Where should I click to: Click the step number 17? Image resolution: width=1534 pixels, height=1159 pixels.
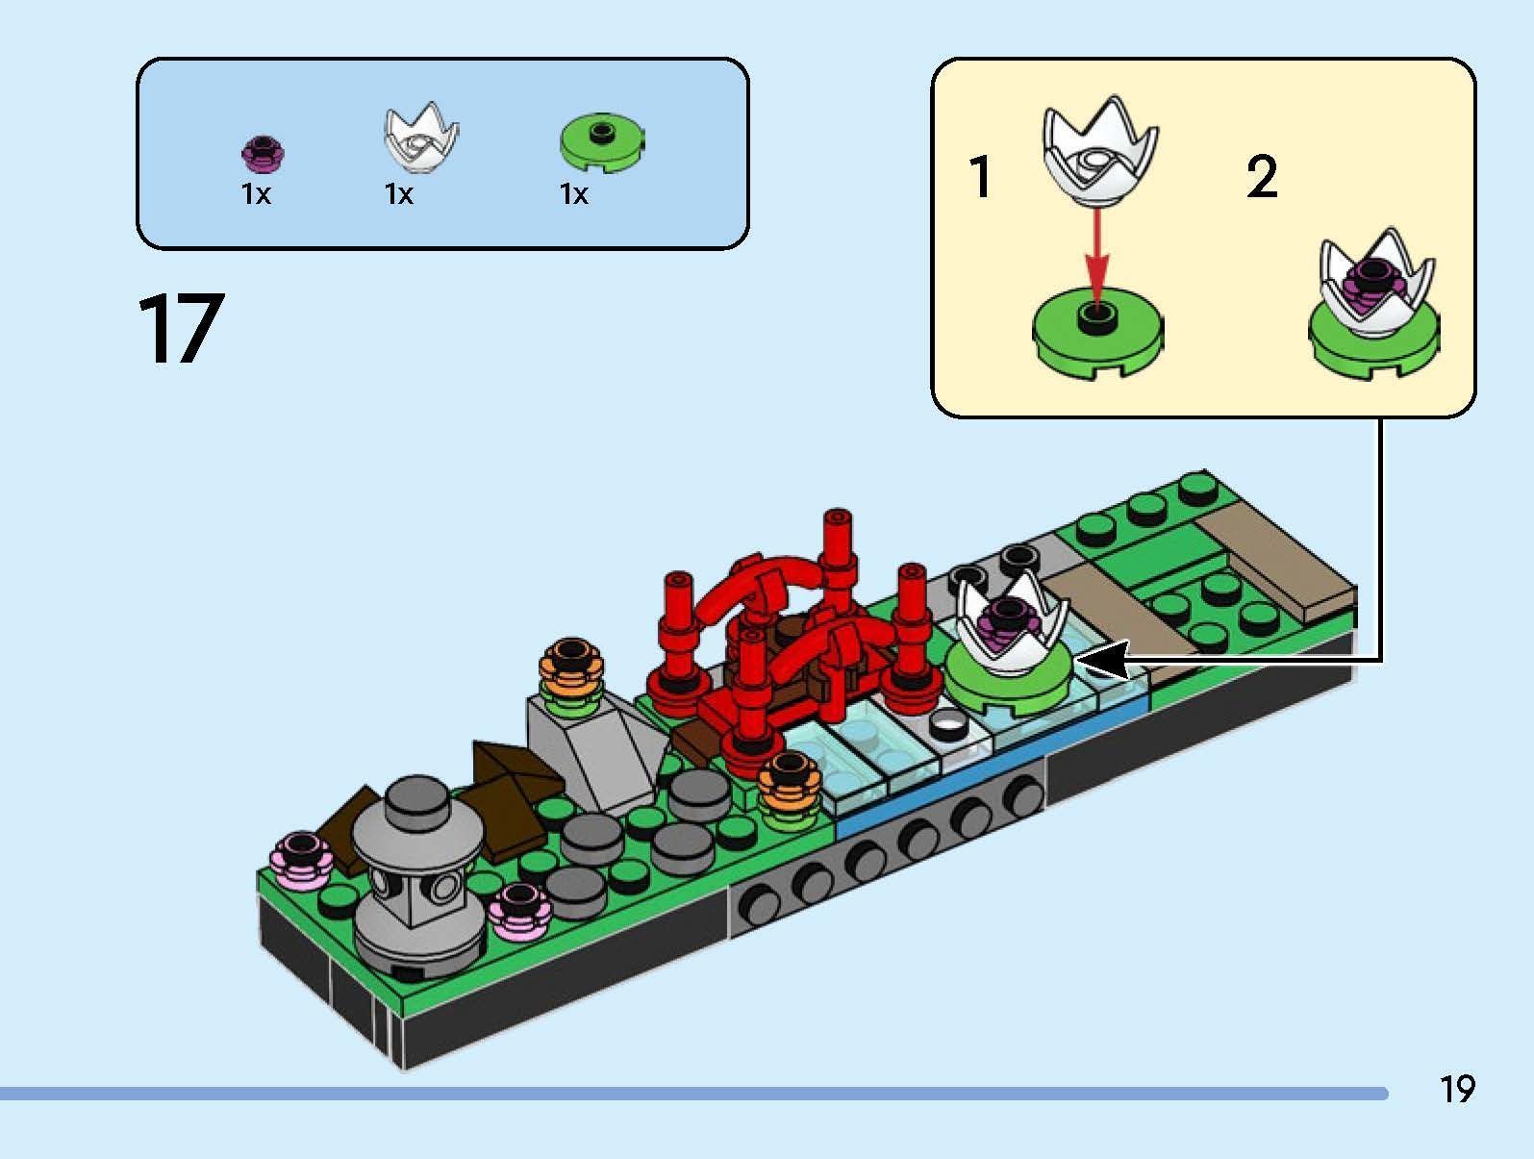[181, 328]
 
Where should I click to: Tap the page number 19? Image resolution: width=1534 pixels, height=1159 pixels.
[1457, 1089]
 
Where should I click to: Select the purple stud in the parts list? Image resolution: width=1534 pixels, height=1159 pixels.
[262, 153]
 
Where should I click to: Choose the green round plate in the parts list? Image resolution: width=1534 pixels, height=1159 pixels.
[602, 141]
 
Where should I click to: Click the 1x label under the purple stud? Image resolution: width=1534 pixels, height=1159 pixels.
[256, 194]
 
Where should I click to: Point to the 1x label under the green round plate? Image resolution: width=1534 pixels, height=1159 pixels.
[574, 194]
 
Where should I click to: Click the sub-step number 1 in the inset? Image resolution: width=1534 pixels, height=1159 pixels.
[980, 176]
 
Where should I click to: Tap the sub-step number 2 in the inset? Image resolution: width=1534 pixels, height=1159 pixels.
[1262, 177]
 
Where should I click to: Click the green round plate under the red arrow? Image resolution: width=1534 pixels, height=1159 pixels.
[1098, 333]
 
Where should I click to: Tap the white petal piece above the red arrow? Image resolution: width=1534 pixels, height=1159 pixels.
[1100, 153]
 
